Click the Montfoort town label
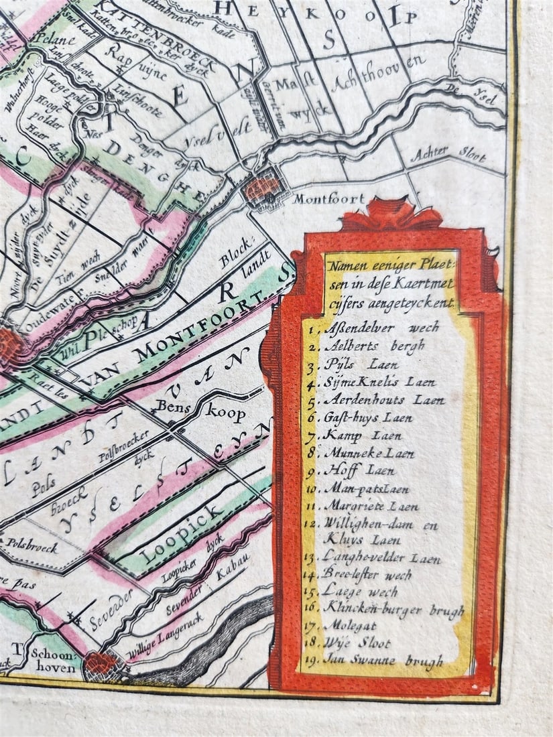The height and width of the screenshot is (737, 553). point(329,199)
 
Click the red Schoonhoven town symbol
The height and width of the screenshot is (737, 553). point(103,663)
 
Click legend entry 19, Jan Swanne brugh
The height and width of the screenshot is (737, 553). point(383,661)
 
